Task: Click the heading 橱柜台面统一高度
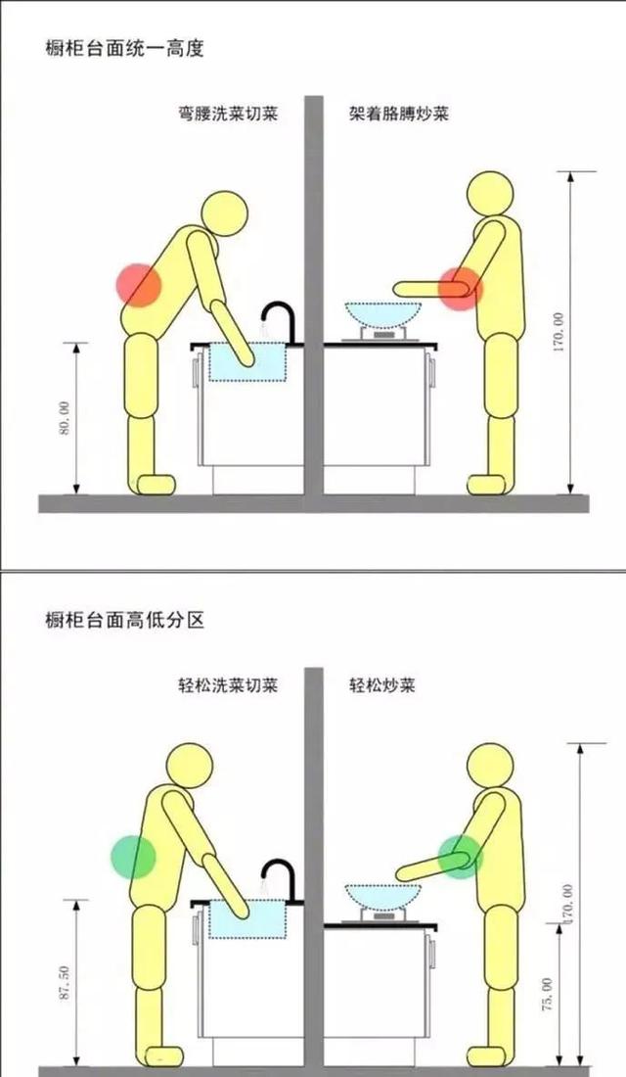point(125,49)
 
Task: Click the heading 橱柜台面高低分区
point(125,620)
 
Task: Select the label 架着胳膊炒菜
point(399,113)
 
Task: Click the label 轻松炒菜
point(382,684)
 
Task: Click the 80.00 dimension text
point(65,418)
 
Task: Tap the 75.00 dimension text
point(547,995)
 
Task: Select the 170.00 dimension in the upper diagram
point(558,333)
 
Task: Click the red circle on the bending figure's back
point(139,284)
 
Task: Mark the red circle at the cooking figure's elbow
point(460,289)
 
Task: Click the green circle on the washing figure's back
point(133,857)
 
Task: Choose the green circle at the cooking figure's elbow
point(460,856)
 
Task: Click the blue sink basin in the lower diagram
point(247,919)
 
